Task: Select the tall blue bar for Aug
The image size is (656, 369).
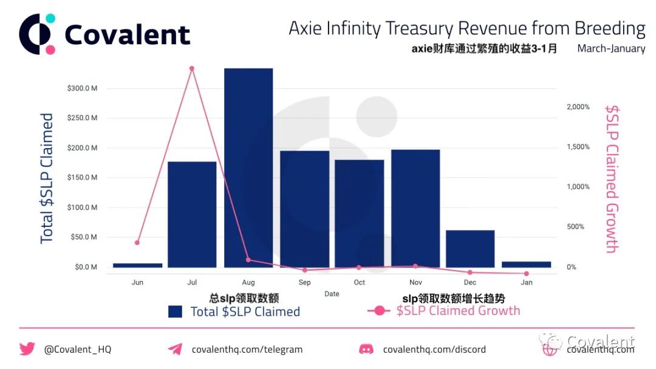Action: [248, 168]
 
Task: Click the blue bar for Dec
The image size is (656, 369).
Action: [470, 249]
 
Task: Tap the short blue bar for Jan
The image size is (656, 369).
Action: [526, 265]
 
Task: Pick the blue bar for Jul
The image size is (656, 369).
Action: [192, 214]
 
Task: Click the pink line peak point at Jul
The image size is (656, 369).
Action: [191, 69]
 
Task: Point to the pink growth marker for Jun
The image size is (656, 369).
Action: [137, 242]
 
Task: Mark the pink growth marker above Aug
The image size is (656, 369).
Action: [248, 260]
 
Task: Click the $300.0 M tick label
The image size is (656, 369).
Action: [82, 88]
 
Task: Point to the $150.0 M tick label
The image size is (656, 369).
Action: [82, 177]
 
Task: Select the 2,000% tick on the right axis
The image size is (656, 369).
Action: [578, 107]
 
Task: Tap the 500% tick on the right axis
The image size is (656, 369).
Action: [576, 226]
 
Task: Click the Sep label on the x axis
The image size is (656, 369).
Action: [304, 282]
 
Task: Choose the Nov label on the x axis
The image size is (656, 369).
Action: [415, 282]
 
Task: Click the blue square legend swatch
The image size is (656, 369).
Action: [175, 312]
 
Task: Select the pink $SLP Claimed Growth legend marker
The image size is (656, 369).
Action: [379, 311]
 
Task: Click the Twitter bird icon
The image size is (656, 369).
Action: [27, 348]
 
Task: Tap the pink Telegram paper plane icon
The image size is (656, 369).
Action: [175, 349]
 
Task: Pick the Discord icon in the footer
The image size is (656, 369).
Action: [366, 349]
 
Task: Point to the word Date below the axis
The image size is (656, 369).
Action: [332, 294]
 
